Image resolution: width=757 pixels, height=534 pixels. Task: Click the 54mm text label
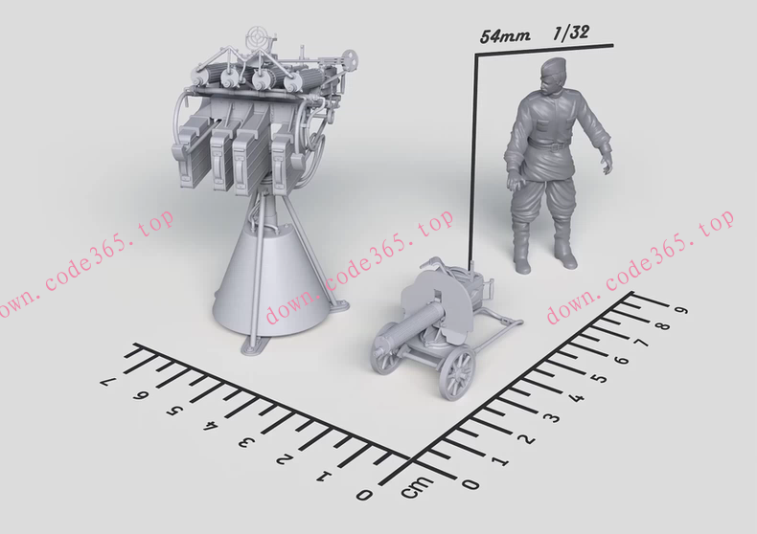(x=504, y=35)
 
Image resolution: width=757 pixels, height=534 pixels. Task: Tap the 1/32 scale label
(x=571, y=33)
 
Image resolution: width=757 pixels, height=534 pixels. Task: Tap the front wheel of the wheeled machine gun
(x=457, y=373)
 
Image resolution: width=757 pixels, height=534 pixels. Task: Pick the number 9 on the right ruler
(x=681, y=310)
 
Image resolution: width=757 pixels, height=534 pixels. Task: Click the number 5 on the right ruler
(x=601, y=377)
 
